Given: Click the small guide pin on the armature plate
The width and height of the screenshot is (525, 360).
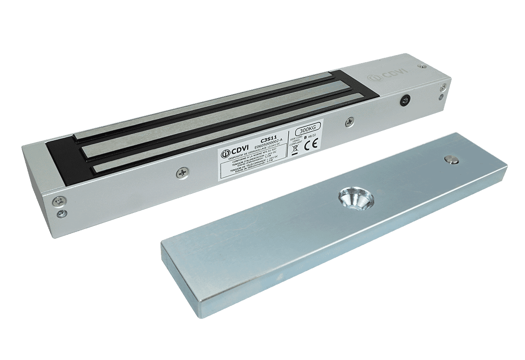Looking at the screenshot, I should click(x=452, y=160).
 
